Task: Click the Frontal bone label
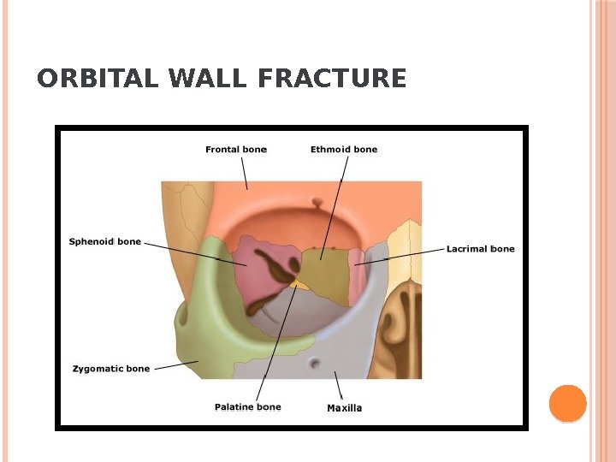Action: [x=236, y=149]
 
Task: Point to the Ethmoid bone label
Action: [x=343, y=149]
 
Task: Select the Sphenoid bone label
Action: [x=105, y=242]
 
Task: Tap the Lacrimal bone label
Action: [x=481, y=249]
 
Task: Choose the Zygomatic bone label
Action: [x=110, y=369]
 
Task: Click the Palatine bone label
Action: [x=247, y=406]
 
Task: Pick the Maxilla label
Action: [x=345, y=407]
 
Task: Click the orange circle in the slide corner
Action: [x=566, y=404]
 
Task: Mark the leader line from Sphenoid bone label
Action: [x=188, y=250]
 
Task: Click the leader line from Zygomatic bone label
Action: [x=175, y=365]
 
